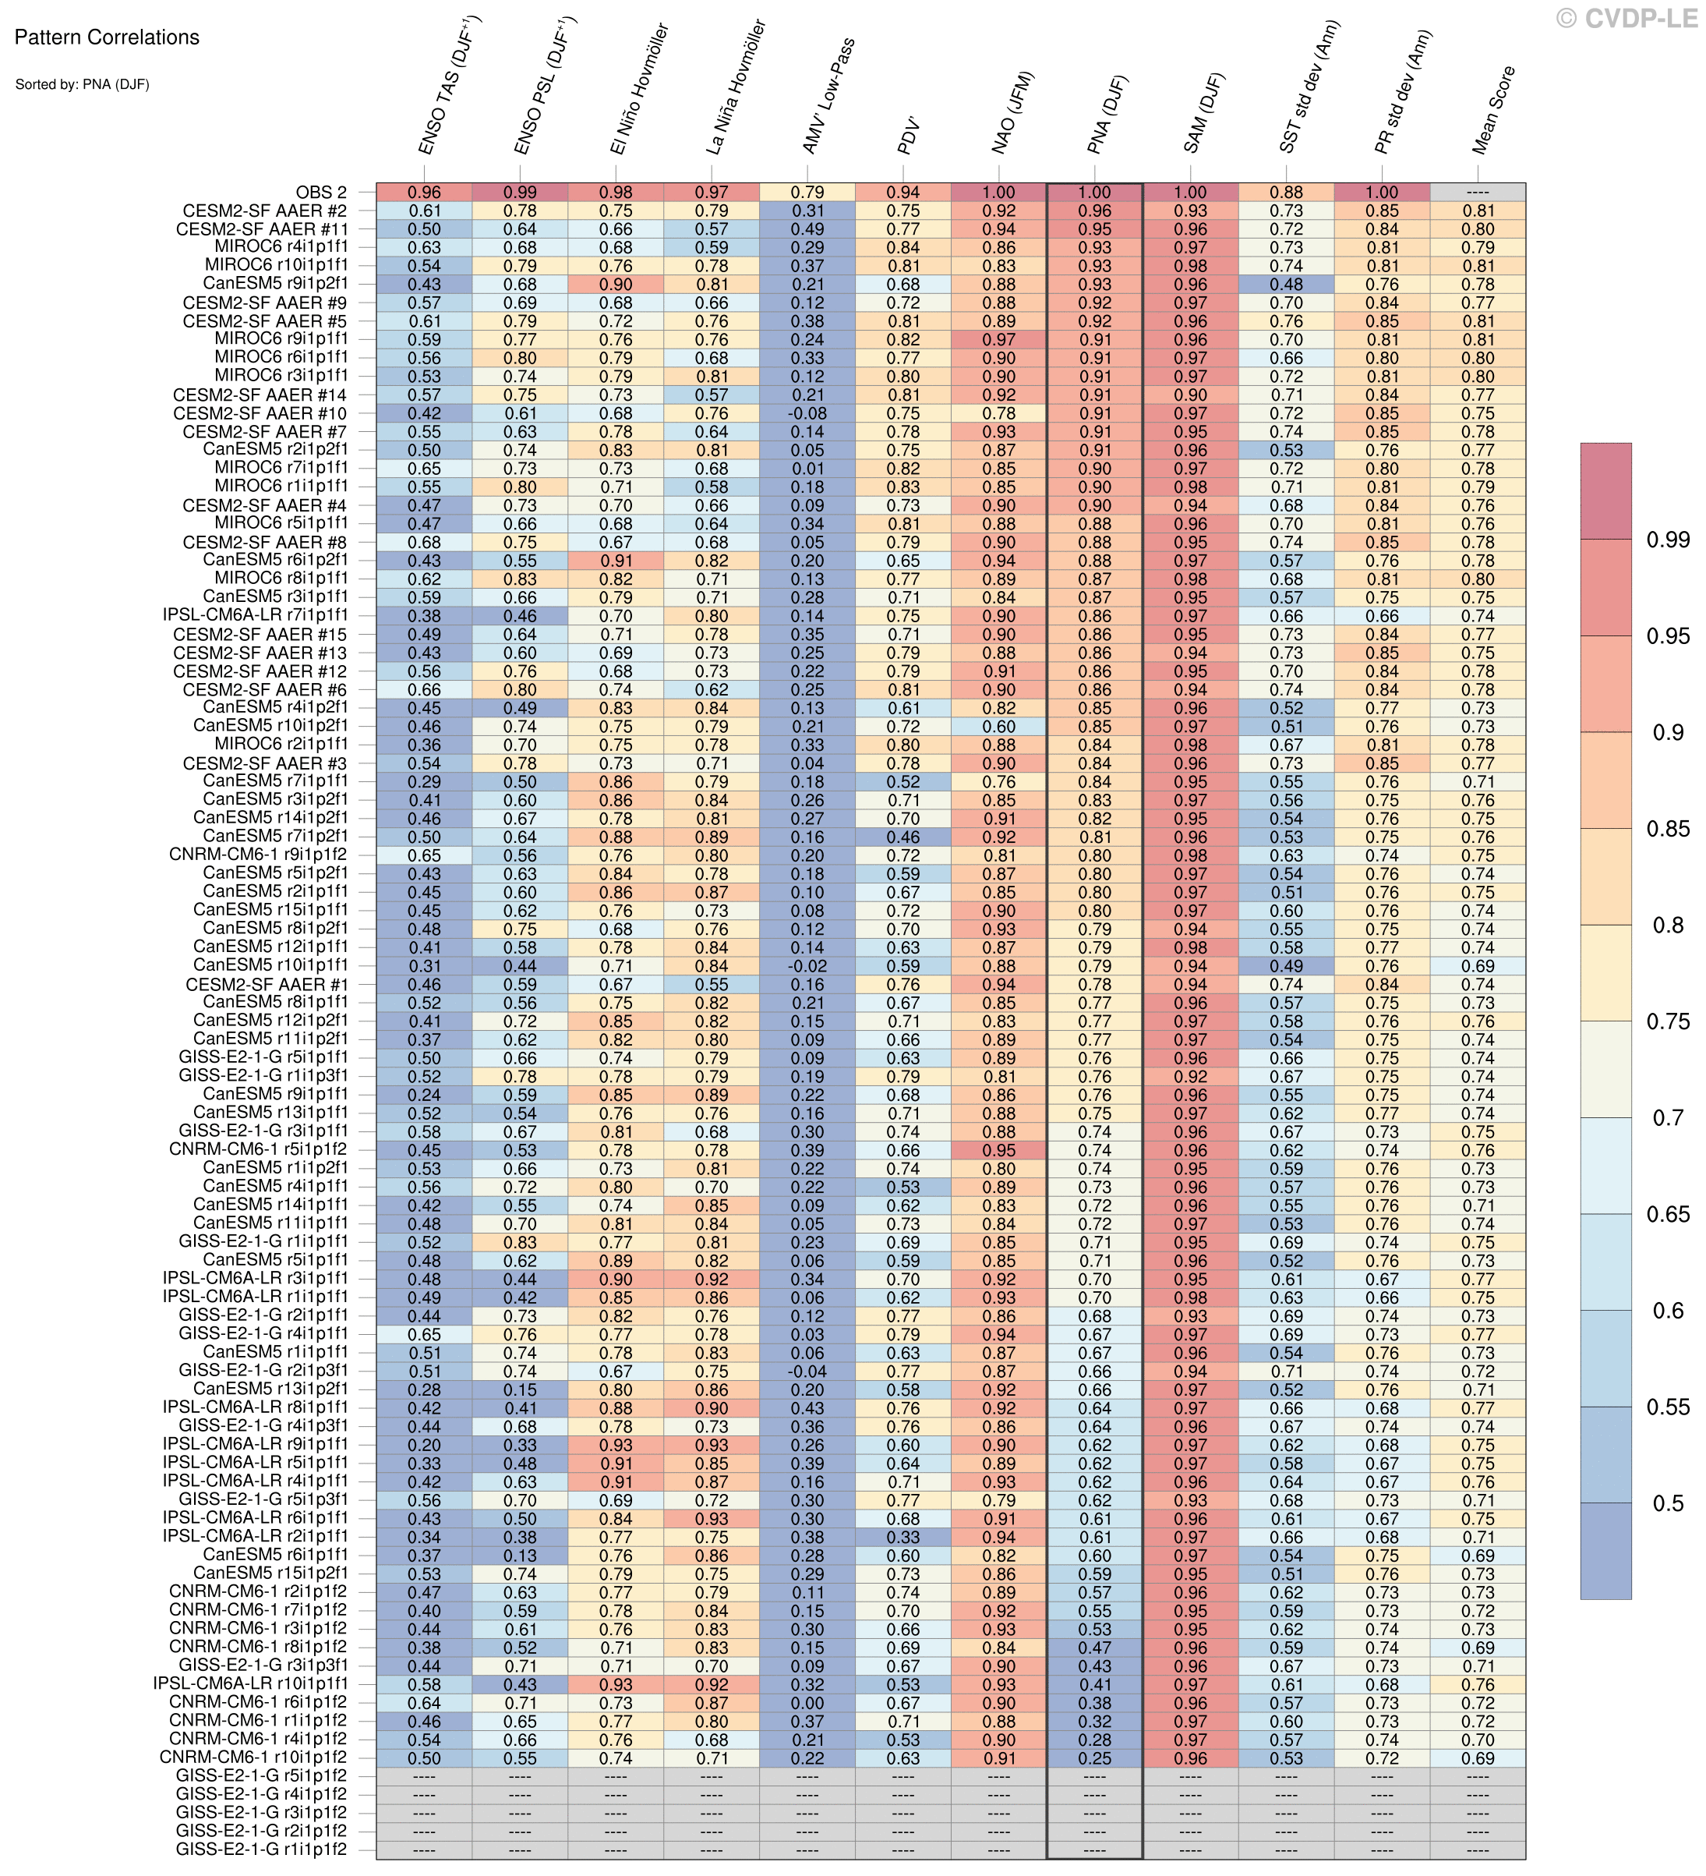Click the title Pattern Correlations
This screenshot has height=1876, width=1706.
tap(107, 38)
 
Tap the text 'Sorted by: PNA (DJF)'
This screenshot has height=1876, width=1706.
tap(82, 85)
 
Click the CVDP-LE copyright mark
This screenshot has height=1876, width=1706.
tap(1627, 18)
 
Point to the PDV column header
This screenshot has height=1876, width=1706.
tap(908, 136)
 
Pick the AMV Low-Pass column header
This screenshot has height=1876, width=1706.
tap(828, 97)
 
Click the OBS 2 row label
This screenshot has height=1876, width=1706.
tap(321, 193)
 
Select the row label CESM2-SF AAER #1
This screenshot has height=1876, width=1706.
tap(267, 985)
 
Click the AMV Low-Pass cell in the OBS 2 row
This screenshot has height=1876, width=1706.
tap(807, 193)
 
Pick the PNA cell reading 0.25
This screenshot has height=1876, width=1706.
tap(1094, 1757)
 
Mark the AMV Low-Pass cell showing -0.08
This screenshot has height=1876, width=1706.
tap(807, 413)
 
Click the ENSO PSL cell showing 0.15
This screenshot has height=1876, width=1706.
tap(519, 1389)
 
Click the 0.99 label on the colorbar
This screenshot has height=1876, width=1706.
tap(1668, 540)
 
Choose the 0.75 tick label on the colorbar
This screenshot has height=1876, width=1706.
tap(1668, 1021)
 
